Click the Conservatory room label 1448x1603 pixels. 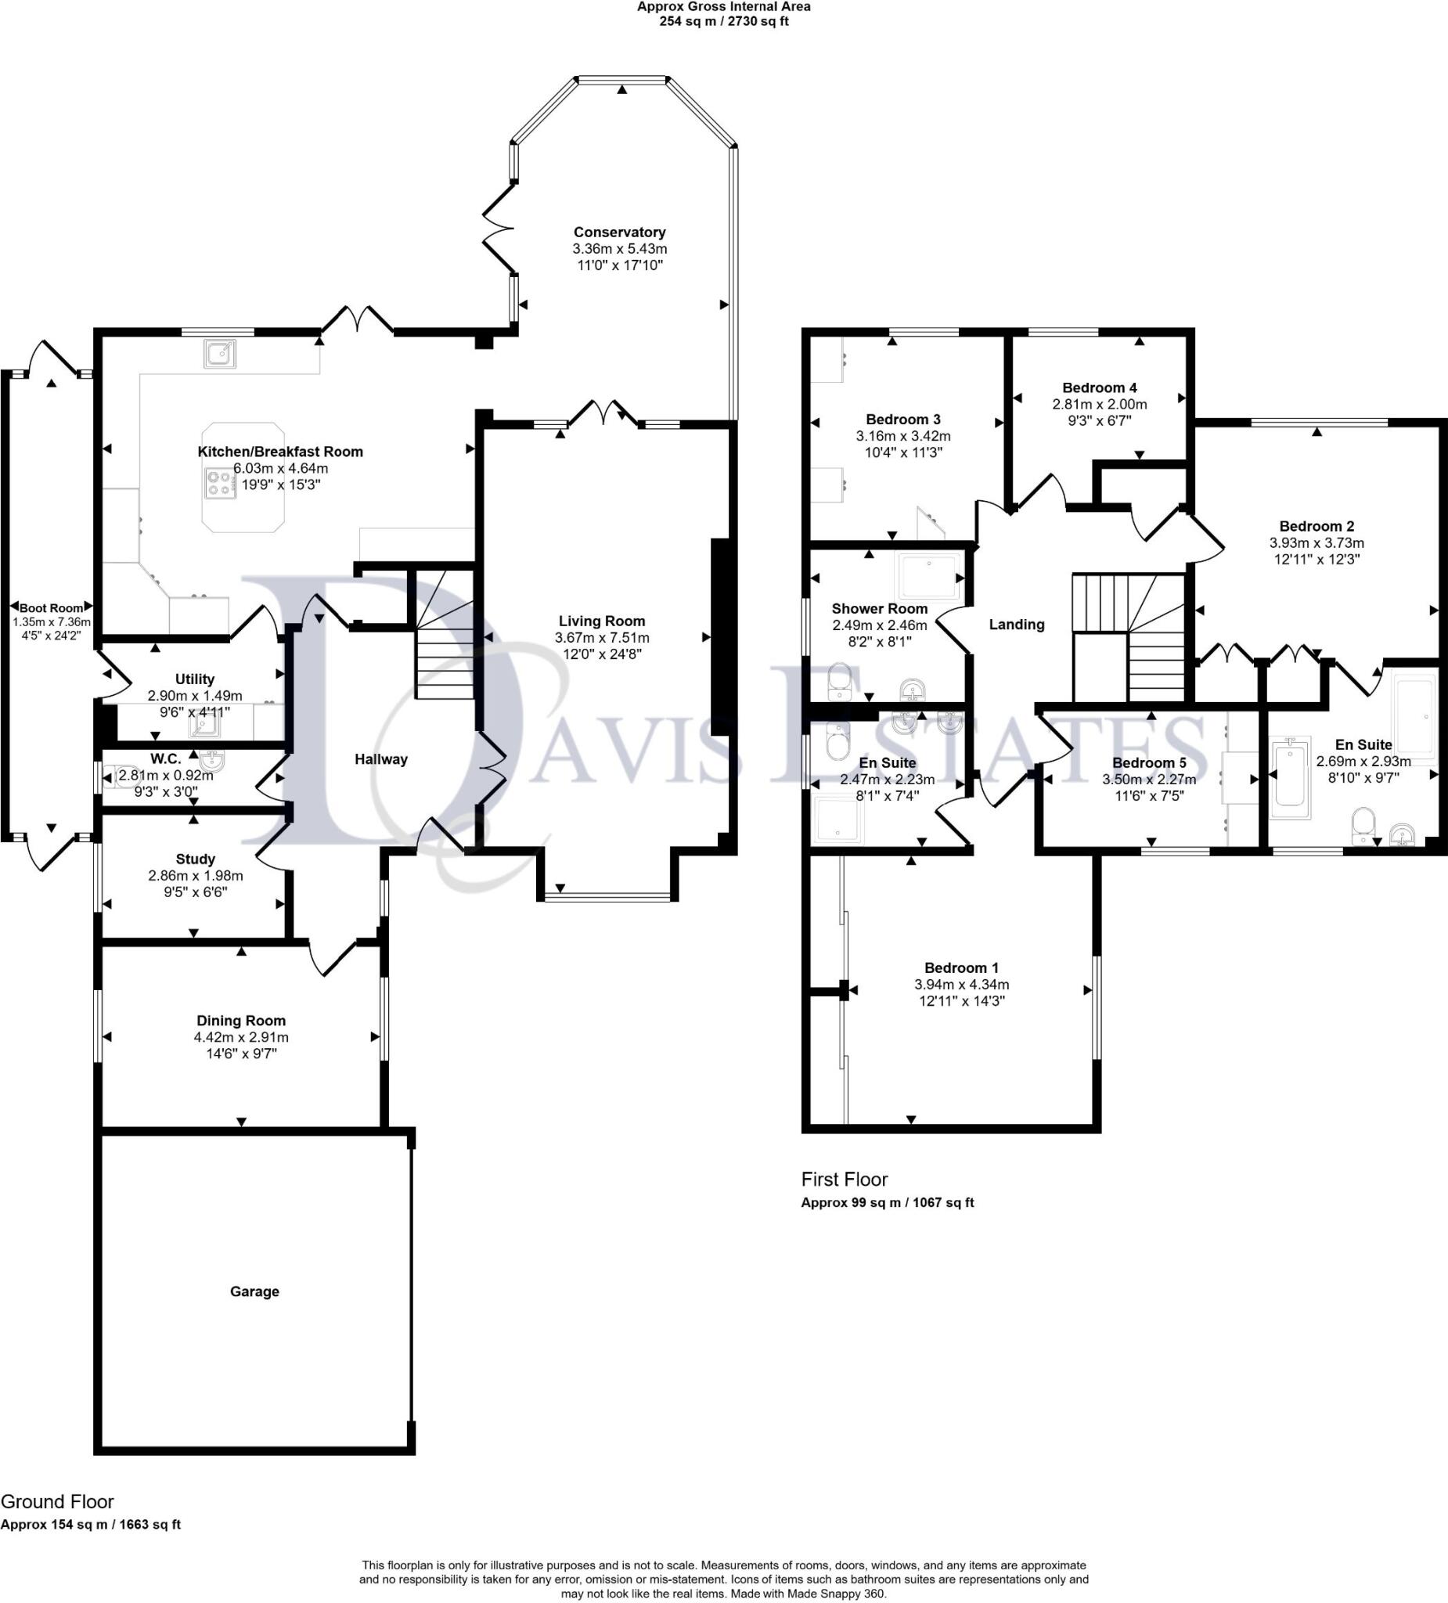pos(619,232)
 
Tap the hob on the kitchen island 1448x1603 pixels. pos(220,484)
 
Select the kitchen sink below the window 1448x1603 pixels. pos(219,353)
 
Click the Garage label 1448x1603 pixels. pos(254,1291)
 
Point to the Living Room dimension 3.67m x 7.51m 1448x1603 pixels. pos(602,638)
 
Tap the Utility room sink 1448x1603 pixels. pos(203,726)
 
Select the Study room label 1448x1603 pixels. pos(195,859)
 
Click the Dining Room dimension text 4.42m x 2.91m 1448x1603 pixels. pos(241,1037)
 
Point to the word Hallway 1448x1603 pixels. pos(381,759)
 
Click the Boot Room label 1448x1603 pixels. pos(51,608)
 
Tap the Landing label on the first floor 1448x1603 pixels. pos(1016,624)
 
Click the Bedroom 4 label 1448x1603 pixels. pos(1099,387)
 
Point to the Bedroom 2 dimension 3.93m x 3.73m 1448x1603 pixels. pos(1316,542)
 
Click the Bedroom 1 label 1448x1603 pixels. pos(960,967)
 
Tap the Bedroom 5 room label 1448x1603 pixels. pos(1149,762)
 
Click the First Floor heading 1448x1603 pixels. pos(844,1180)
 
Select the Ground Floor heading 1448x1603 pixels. pos(57,1501)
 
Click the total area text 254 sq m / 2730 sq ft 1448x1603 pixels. pos(723,21)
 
